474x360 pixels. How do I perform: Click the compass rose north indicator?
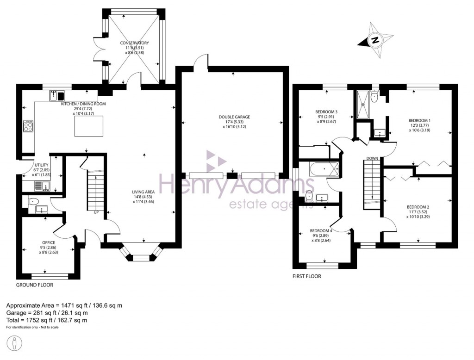point(375,40)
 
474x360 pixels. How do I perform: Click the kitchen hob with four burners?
point(28,126)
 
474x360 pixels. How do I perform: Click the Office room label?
point(48,247)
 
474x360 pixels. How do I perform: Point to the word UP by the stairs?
point(96,212)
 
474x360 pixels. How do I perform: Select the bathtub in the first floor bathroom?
point(324,169)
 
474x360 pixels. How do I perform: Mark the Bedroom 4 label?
point(321,236)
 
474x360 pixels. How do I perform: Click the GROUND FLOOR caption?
point(35,285)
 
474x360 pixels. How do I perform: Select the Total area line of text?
point(46,320)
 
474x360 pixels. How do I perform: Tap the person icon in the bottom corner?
point(15,344)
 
